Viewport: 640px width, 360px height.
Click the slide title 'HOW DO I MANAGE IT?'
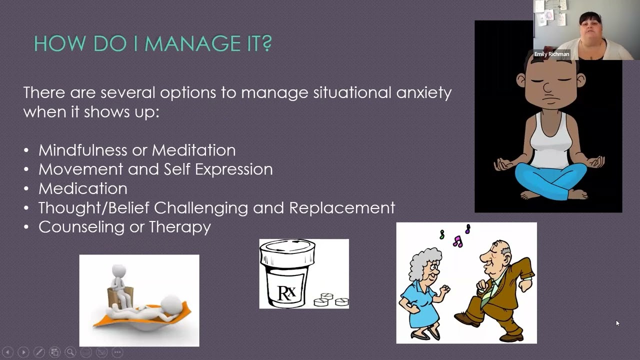[152, 43]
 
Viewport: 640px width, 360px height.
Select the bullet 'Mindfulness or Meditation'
[136, 150]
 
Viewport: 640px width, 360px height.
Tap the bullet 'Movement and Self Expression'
[155, 169]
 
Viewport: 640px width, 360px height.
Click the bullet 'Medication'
[82, 188]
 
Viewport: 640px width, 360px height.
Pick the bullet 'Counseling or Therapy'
[124, 227]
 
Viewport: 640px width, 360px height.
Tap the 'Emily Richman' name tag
[551, 54]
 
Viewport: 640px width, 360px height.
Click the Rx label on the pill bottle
[286, 292]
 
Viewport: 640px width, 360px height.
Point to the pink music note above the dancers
[457, 242]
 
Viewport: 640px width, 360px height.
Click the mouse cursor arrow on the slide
[617, 323]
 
